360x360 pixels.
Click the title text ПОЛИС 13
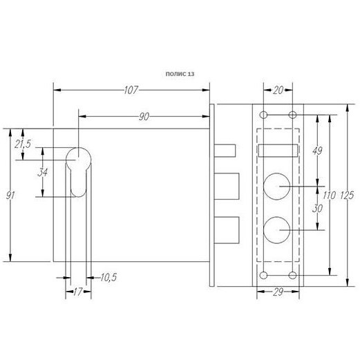(x=180, y=74)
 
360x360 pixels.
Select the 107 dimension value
(x=131, y=90)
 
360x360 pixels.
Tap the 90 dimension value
(x=144, y=117)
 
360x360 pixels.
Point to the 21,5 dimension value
(x=23, y=144)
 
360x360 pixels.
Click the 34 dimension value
(x=43, y=172)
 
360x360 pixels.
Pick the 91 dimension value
(x=10, y=196)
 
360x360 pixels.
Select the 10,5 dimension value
(x=108, y=277)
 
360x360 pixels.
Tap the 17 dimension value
(x=78, y=292)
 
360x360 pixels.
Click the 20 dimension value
(x=278, y=90)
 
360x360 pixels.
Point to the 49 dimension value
(x=317, y=151)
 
